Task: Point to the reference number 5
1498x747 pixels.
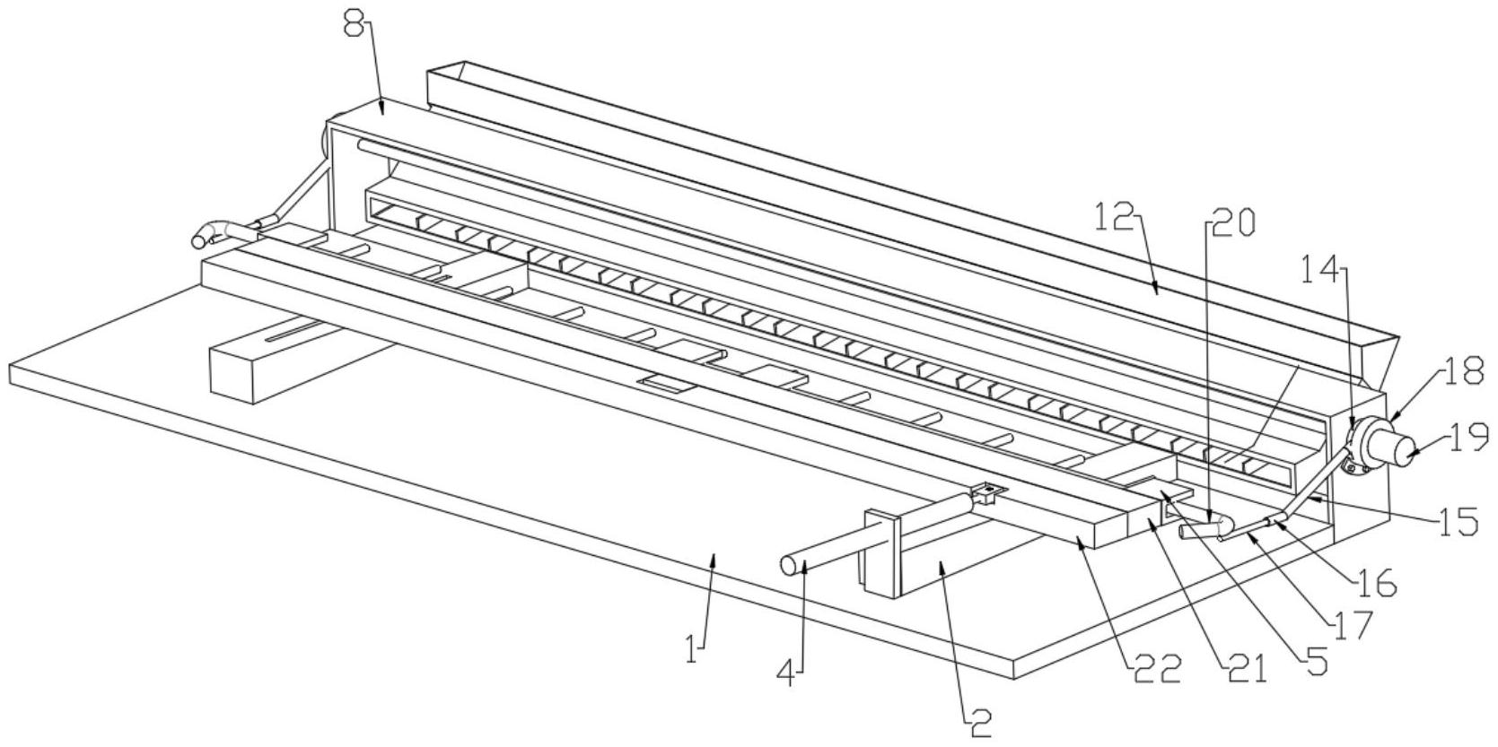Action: pyautogui.click(x=1316, y=662)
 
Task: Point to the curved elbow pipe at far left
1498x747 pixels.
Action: pyautogui.click(x=208, y=232)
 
